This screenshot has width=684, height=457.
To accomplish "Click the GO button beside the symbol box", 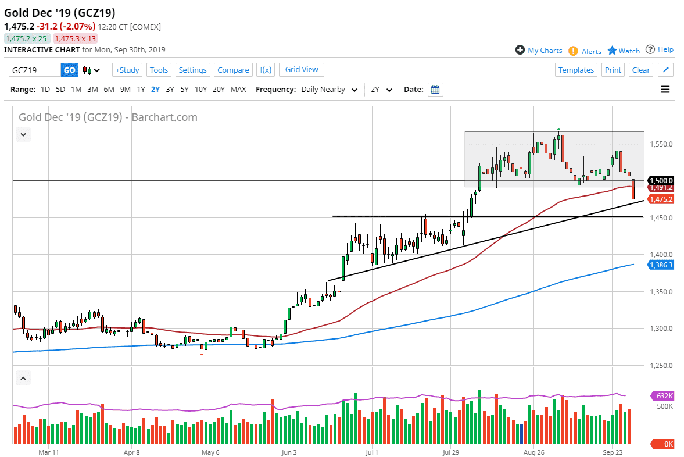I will click(69, 70).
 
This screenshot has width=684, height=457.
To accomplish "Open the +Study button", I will click(127, 70).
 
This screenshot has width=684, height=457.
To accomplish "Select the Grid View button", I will click(302, 69).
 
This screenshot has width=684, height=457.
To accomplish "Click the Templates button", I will click(576, 70).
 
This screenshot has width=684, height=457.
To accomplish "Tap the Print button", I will click(613, 70).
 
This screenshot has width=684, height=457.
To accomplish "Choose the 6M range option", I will click(109, 90).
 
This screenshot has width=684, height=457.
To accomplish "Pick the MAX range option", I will click(238, 90).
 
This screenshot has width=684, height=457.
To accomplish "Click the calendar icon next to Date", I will click(435, 90).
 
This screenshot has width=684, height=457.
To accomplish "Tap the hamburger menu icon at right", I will click(665, 90).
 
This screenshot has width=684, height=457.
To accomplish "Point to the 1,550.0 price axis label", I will click(661, 144).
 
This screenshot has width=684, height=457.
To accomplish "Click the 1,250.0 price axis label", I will click(661, 366).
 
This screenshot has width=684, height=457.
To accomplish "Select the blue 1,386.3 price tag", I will click(661, 265).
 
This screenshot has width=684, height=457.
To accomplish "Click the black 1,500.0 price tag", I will click(661, 180).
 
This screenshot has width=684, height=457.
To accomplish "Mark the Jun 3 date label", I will click(289, 451).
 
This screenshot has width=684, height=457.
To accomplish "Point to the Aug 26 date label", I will click(533, 451).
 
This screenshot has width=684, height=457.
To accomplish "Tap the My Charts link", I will click(545, 51).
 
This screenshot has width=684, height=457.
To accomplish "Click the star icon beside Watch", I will click(612, 51).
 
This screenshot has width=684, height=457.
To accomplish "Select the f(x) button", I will click(266, 70).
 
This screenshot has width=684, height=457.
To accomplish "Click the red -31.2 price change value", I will click(47, 27).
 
